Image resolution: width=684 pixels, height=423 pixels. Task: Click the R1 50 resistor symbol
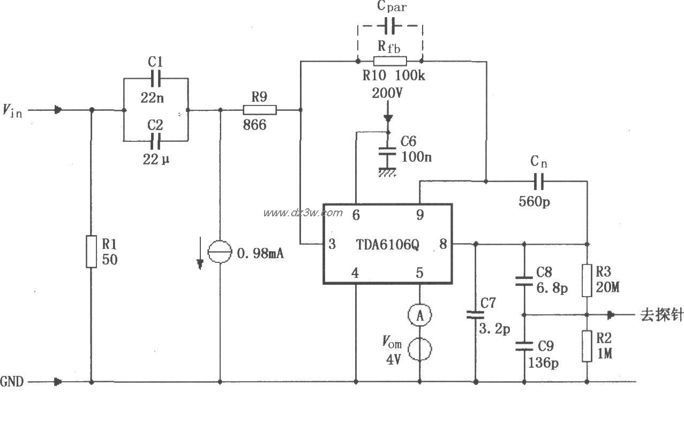tap(91, 251)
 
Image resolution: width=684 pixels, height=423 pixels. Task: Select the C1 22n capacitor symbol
tap(156, 79)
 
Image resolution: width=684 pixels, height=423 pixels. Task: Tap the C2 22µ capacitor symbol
tap(156, 141)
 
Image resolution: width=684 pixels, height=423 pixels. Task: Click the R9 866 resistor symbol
tap(260, 110)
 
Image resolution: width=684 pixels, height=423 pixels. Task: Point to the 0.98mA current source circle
tap(220, 252)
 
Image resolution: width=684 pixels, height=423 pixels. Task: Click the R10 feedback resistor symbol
tap(389, 61)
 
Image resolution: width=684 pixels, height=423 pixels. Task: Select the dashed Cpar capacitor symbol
tap(390, 25)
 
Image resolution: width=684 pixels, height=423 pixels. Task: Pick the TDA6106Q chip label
tap(388, 245)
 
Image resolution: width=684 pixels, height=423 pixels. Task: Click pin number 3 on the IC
tap(332, 245)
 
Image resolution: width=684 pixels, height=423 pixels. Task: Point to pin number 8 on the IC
tap(442, 244)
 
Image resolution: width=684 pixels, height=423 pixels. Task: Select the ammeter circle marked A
tap(419, 316)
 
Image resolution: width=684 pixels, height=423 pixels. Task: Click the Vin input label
tap(13, 111)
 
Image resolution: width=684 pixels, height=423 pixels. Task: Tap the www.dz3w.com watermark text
tap(303, 213)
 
